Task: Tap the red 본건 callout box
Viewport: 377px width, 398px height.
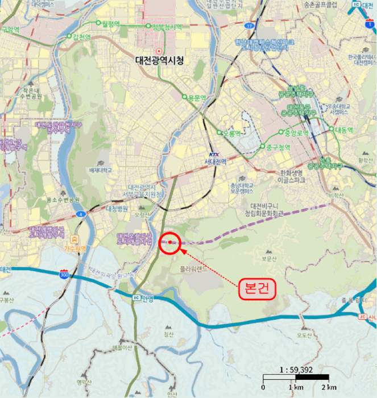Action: click(x=257, y=288)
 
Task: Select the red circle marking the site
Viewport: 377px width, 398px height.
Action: click(x=170, y=243)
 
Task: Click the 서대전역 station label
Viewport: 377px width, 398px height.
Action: click(x=215, y=161)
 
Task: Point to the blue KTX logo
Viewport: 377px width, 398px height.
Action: click(x=214, y=154)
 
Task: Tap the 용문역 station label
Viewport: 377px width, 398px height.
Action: click(x=196, y=98)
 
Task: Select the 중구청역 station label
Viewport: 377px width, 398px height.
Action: click(x=277, y=148)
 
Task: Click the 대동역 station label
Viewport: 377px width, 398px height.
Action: click(x=344, y=130)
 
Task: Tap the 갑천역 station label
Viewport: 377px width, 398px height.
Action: click(x=81, y=37)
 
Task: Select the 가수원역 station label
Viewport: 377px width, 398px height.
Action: click(x=74, y=248)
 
